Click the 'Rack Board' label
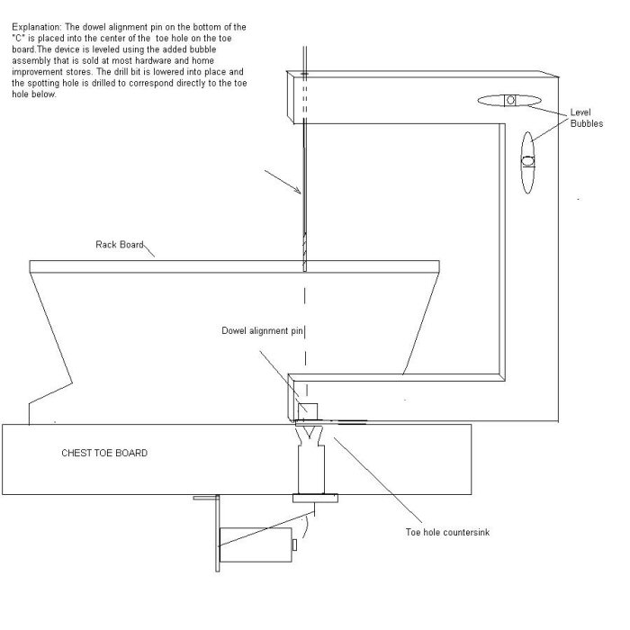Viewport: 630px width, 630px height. tap(120, 245)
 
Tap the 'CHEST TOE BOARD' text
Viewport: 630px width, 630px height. tap(104, 454)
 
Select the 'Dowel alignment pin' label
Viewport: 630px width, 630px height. tap(262, 331)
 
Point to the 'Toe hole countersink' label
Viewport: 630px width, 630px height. tap(447, 533)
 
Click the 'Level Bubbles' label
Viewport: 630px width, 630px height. tap(587, 118)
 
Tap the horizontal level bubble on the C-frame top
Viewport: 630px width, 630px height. tap(509, 101)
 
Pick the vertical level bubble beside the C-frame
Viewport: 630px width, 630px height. tap(527, 162)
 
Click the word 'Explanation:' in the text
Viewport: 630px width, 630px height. tap(37, 27)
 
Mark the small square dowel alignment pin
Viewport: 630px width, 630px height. tap(308, 411)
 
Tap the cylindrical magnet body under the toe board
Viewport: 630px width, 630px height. tap(256, 544)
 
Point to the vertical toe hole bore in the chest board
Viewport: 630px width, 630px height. tap(311, 469)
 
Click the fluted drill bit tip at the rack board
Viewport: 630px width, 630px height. tap(304, 251)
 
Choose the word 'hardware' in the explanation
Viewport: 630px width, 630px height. tap(157, 61)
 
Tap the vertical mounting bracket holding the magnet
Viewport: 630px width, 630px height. tap(218, 533)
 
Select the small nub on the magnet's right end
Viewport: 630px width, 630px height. tap(294, 545)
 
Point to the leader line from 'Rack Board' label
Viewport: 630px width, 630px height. tap(149, 250)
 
